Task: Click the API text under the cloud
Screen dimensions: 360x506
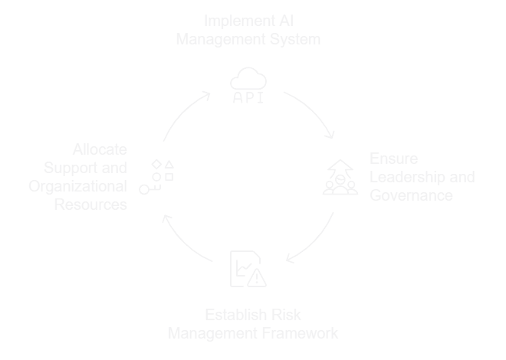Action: pyautogui.click(x=248, y=98)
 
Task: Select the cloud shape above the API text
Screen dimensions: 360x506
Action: pyautogui.click(x=248, y=79)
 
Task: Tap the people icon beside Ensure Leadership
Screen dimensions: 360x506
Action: pyautogui.click(x=340, y=178)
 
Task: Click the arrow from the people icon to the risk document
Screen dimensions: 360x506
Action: pyautogui.click(x=314, y=241)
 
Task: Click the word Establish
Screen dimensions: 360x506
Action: pyautogui.click(x=231, y=316)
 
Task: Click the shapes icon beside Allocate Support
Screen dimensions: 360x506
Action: pyautogui.click(x=156, y=176)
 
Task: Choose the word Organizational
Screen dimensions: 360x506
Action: pyautogui.click(x=77, y=186)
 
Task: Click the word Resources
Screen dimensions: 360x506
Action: pyautogui.click(x=91, y=205)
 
